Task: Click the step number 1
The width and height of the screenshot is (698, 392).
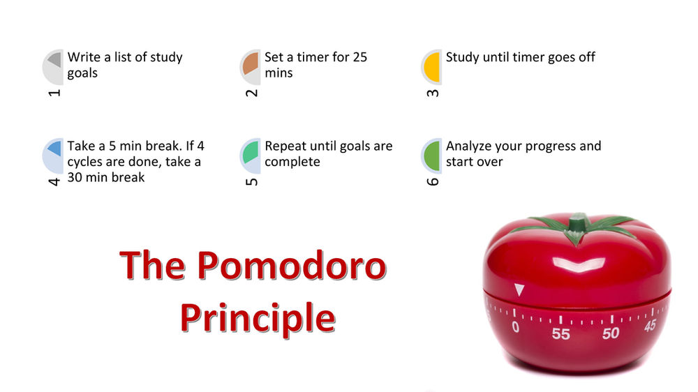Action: pos(55,91)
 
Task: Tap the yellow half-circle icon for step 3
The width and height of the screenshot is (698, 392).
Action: pos(433,66)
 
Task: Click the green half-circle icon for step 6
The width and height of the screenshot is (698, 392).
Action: pos(433,155)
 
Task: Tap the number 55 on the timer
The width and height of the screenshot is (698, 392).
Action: pos(560,334)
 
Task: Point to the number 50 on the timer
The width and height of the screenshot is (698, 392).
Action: pos(611,333)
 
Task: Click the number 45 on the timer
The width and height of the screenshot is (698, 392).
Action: pos(650,325)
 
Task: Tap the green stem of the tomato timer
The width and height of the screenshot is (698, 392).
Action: pos(578,225)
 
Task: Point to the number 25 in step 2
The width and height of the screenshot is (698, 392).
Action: pos(359,57)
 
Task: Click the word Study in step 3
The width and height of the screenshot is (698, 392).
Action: pos(463,57)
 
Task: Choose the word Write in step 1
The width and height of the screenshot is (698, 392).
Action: pos(84,57)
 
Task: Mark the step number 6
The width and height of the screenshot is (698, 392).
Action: pos(433,181)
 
